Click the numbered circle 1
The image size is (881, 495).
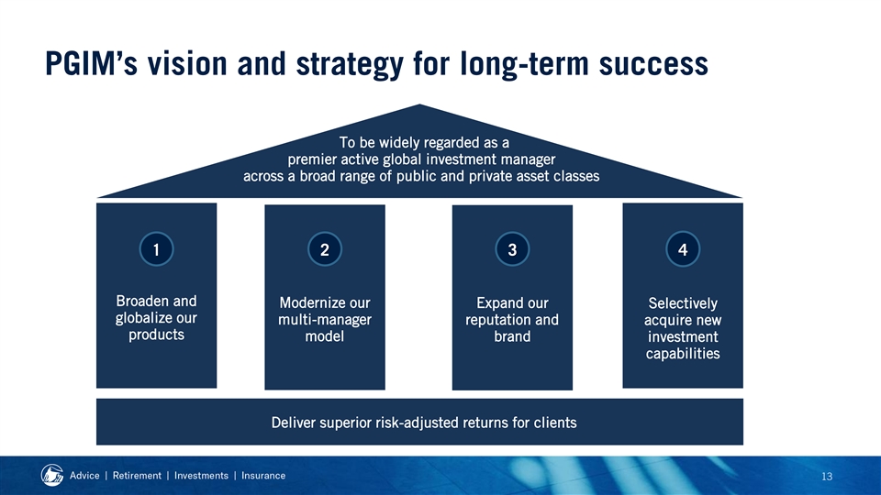(x=156, y=249)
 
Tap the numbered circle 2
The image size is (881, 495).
(x=325, y=249)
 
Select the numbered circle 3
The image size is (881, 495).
(x=512, y=249)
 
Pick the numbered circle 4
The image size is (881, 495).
(x=683, y=249)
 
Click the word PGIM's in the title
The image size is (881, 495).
(x=91, y=63)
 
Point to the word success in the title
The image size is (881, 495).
(x=653, y=63)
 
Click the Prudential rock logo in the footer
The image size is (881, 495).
(x=52, y=475)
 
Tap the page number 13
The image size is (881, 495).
(x=827, y=477)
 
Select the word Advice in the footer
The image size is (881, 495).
(x=84, y=476)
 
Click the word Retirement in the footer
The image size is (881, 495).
(x=137, y=476)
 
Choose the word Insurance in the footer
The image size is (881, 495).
(x=263, y=476)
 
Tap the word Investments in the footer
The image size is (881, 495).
(x=201, y=476)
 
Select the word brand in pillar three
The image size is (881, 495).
(x=512, y=336)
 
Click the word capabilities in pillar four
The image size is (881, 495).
(x=683, y=354)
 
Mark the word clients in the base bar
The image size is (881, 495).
(x=556, y=422)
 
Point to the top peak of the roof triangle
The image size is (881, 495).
(x=419, y=104)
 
